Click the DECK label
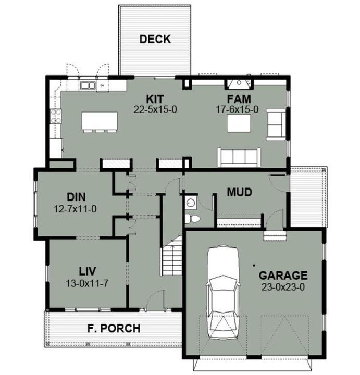(155, 39)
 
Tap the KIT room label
(155, 99)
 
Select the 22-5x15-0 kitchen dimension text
(155, 110)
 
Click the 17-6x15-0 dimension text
(237, 110)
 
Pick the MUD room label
(240, 192)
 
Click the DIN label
(76, 197)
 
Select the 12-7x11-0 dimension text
(75, 209)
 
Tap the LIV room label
(88, 271)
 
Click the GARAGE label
(283, 276)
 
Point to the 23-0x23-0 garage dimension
(283, 287)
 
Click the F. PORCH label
(114, 328)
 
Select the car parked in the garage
(224, 292)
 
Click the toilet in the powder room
(192, 219)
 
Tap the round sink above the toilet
(191, 203)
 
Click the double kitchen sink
(88, 85)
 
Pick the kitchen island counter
(100, 121)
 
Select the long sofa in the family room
(239, 157)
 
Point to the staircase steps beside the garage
(172, 260)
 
